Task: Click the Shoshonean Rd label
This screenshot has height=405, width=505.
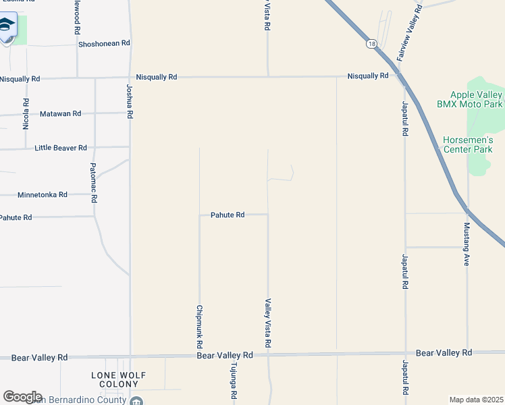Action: point(104,43)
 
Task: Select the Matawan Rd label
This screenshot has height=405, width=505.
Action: point(61,113)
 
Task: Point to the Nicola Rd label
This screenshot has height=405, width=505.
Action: point(26,114)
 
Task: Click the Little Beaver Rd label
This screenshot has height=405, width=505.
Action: point(61,147)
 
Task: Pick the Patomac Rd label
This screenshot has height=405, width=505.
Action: point(95,183)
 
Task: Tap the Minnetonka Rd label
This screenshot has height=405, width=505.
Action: point(43,194)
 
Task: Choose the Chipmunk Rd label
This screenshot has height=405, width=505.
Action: point(199,327)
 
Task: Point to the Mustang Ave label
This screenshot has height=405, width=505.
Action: point(467,244)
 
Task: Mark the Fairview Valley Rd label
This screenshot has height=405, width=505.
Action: point(410,34)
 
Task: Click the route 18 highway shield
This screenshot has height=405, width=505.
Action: point(372,43)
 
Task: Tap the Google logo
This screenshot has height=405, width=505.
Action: point(22,396)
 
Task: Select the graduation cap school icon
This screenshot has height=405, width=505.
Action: point(7,26)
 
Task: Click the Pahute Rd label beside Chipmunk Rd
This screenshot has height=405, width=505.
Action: point(227,215)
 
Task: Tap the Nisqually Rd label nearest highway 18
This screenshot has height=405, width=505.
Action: point(368,76)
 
